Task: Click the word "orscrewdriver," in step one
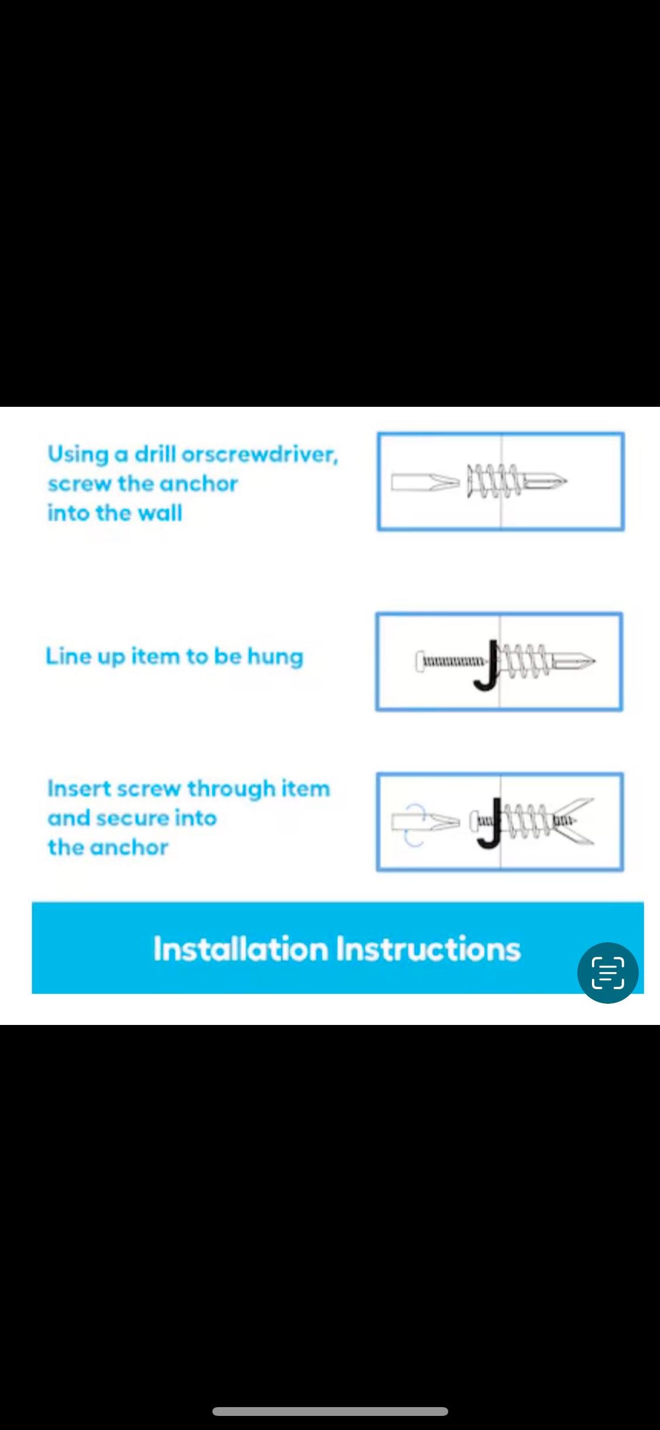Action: [x=260, y=454]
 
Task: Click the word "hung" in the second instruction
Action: [x=275, y=657]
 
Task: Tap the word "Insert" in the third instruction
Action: [x=79, y=788]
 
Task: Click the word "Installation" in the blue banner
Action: [x=241, y=949]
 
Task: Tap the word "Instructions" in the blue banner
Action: [x=429, y=949]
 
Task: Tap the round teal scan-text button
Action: [x=608, y=973]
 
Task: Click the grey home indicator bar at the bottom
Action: [x=330, y=1411]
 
